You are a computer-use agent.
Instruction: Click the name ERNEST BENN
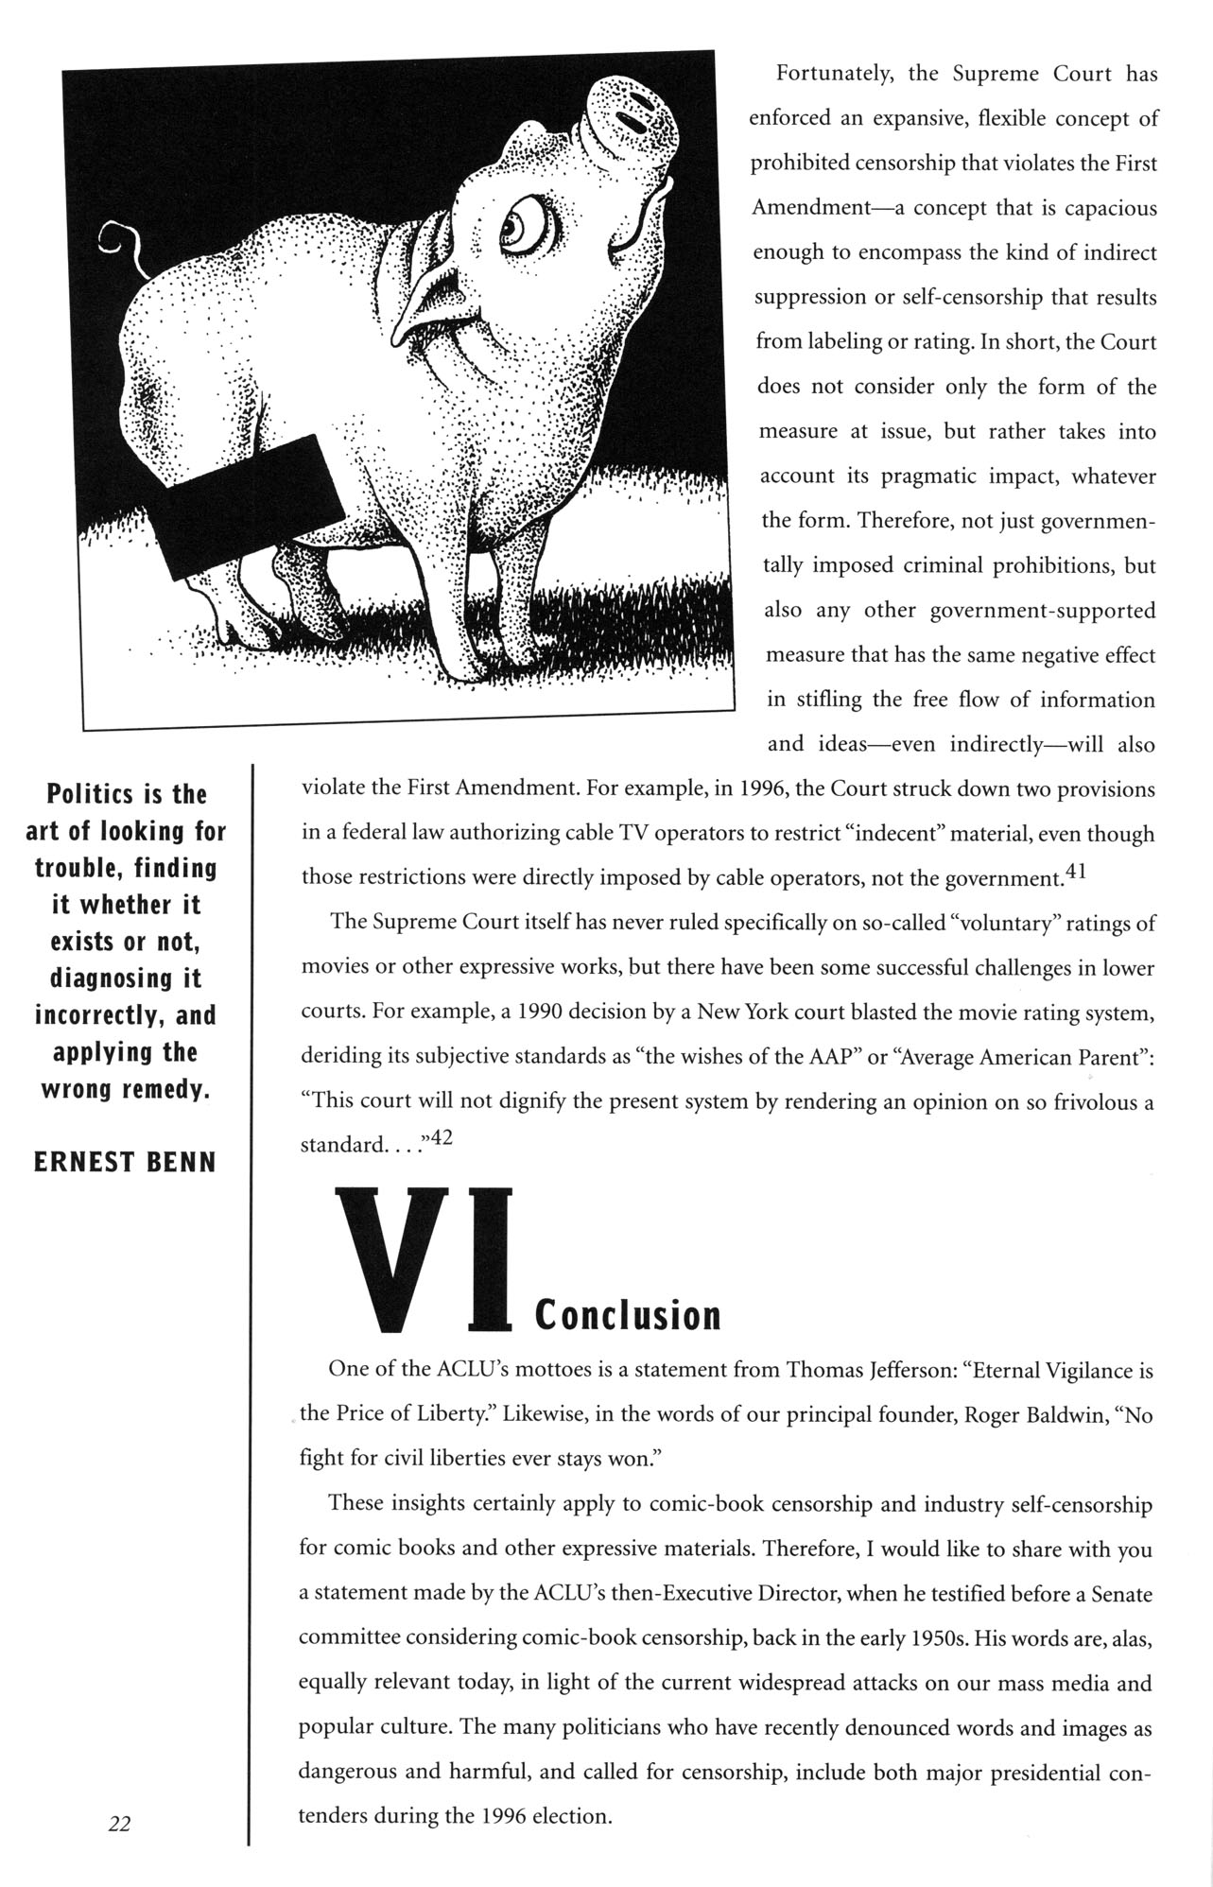click(x=125, y=1162)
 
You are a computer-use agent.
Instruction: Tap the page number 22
click(x=119, y=1824)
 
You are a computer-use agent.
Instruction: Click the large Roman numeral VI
click(x=425, y=1260)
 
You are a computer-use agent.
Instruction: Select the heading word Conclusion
click(x=628, y=1315)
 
